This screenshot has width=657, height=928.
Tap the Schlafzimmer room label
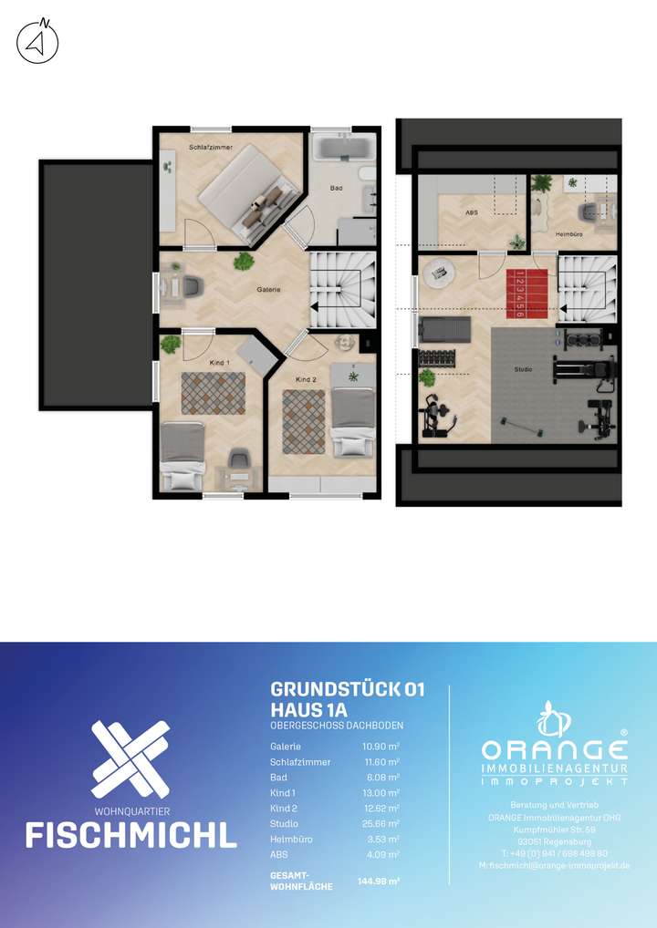210,147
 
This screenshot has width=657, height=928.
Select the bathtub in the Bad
342,147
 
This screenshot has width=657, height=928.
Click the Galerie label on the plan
268,289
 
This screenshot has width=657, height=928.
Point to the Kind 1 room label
219,363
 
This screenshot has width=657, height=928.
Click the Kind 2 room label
306,378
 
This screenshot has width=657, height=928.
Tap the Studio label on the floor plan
523,369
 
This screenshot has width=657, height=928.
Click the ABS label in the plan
471,212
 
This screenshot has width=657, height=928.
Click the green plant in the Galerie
244,262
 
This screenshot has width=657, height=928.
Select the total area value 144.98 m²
379,882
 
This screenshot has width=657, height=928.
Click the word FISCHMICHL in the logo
130,834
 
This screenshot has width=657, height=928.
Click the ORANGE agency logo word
555,749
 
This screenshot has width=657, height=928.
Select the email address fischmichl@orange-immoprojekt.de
554,865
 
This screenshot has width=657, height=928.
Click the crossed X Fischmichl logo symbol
130,758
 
